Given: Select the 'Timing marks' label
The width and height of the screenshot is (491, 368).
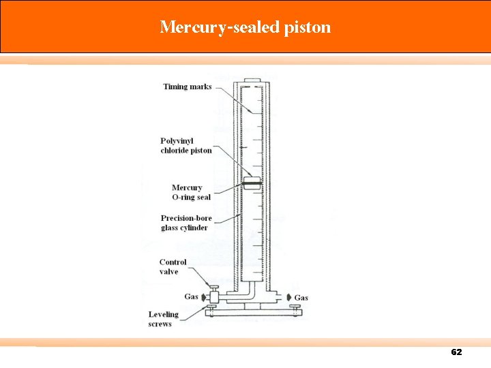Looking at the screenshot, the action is click(x=187, y=87).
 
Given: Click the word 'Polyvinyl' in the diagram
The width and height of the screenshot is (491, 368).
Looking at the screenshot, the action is click(x=177, y=140).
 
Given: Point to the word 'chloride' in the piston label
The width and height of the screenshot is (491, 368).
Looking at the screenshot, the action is click(x=176, y=150).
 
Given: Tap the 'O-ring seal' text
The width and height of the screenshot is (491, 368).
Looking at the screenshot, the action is click(x=191, y=197).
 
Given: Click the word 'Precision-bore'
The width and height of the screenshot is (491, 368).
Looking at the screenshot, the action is click(x=186, y=218).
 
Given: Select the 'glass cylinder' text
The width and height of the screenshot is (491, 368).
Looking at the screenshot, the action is click(x=184, y=228).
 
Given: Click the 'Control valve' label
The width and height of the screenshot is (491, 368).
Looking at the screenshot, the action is click(x=173, y=266).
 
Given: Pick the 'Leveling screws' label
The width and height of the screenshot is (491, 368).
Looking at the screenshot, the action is click(x=164, y=319).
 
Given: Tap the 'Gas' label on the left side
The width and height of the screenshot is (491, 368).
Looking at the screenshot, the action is click(x=192, y=296).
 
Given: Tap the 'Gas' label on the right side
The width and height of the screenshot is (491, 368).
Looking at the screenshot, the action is click(x=301, y=298).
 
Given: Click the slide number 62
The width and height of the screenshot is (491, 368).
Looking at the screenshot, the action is click(x=456, y=352).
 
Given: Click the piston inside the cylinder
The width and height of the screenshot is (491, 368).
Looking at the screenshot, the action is click(x=252, y=184).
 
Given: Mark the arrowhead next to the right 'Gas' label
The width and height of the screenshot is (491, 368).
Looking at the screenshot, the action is click(x=289, y=298).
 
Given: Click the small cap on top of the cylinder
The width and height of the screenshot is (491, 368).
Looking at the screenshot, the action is click(x=251, y=80).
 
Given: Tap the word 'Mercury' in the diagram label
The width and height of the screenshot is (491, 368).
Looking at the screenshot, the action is click(x=187, y=187).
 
